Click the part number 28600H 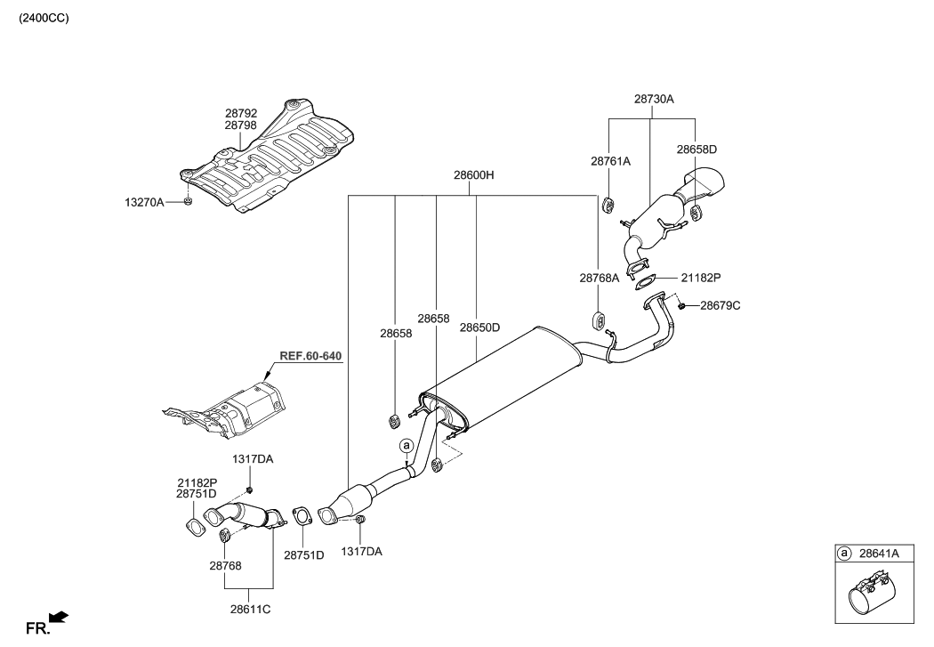pos(473,176)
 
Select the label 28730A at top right pos(654,100)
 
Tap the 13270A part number pos(144,203)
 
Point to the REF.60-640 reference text pos(310,356)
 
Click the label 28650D pos(479,328)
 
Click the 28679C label pos(720,305)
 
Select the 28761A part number pos(610,161)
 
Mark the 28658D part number pos(696,150)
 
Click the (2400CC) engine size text pos(37,18)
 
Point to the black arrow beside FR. pos(59,616)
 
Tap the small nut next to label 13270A pos(188,203)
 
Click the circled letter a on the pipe pos(406,444)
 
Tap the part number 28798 pos(240,126)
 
